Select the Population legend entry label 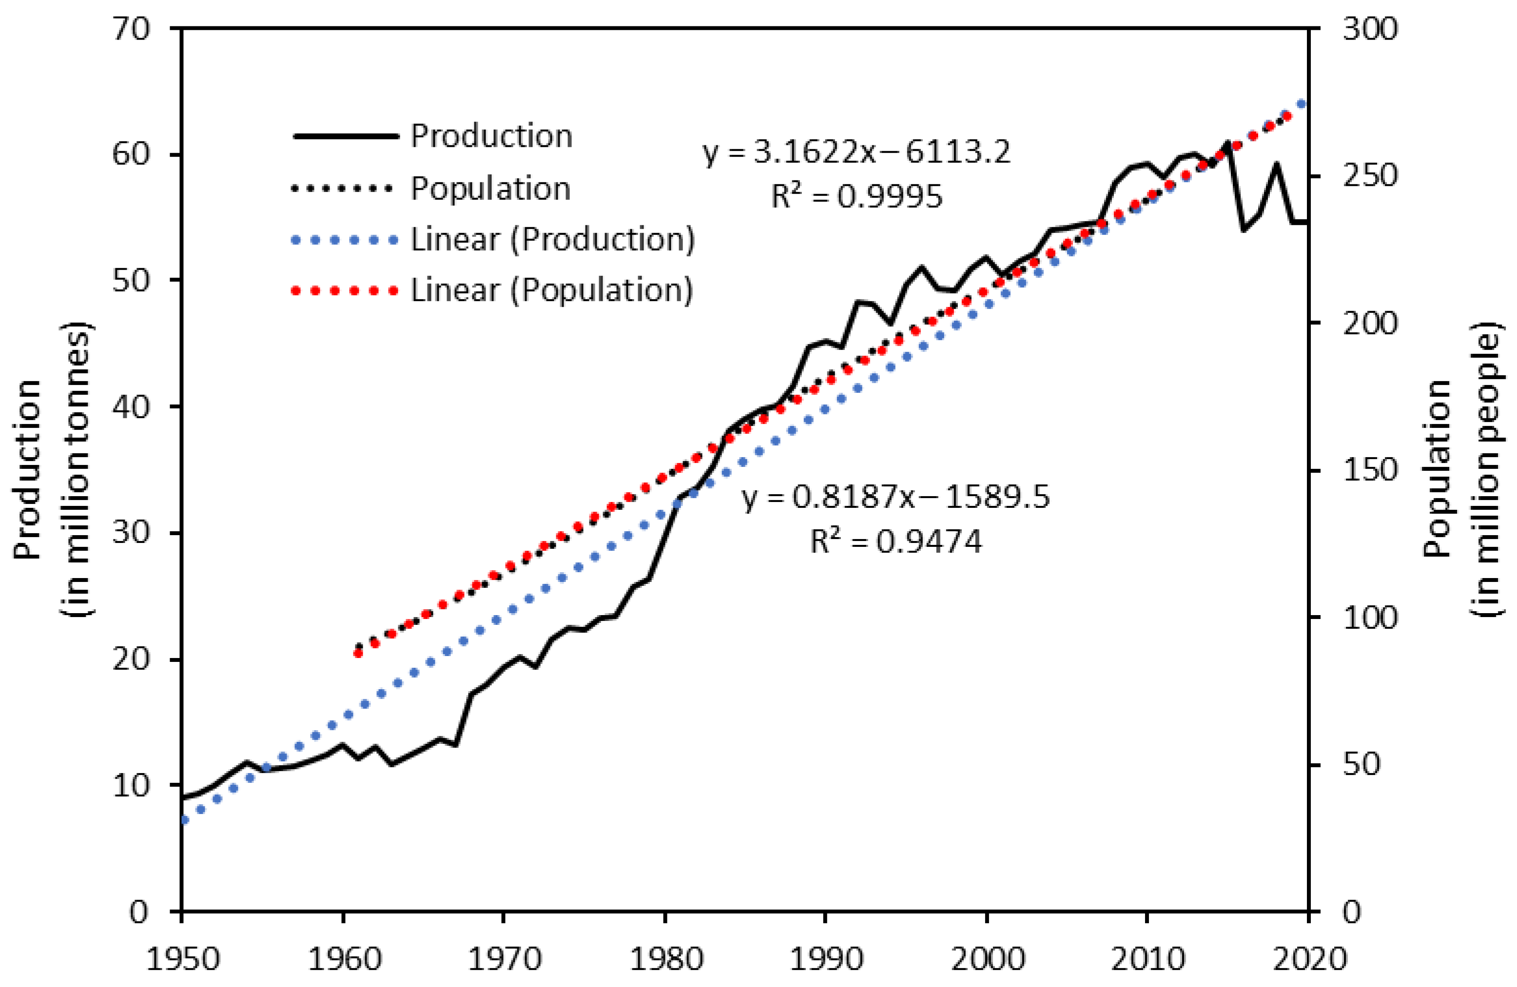pos(490,189)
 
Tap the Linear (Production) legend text pos(552,240)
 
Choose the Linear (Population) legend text pos(551,290)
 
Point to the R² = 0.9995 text pos(856,196)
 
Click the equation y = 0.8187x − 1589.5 pos(895,497)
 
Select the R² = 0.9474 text pos(895,542)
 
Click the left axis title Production pos(28,469)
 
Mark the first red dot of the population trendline pos(358,653)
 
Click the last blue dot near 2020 pos(1302,104)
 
